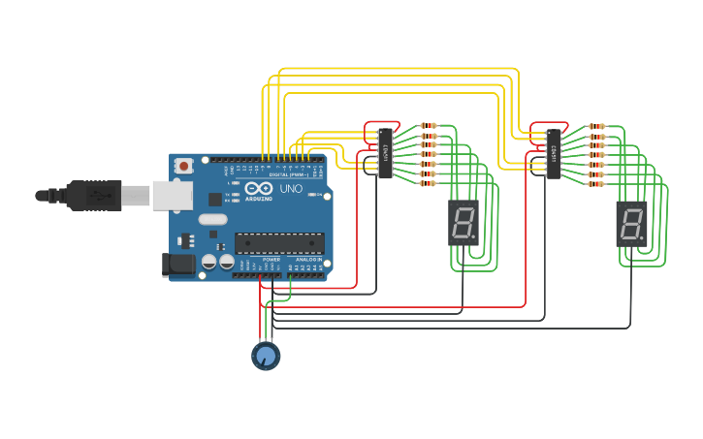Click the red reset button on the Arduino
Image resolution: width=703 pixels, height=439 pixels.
click(183, 167)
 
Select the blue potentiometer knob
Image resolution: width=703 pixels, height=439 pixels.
click(266, 356)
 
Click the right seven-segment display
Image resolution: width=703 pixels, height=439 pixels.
click(631, 224)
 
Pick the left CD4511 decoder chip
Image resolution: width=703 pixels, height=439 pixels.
click(385, 153)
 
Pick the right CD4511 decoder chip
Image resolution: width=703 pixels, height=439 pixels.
click(553, 154)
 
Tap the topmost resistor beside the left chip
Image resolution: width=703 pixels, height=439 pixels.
click(428, 126)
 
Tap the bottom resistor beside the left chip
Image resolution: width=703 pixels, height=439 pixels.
click(428, 183)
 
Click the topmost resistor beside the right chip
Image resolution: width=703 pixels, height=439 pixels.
click(595, 126)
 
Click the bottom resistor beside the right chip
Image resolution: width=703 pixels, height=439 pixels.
click(595, 184)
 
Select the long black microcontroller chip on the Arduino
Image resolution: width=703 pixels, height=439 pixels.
click(279, 243)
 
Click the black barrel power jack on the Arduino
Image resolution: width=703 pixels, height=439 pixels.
click(178, 264)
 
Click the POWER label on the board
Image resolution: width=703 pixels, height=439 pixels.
click(272, 260)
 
